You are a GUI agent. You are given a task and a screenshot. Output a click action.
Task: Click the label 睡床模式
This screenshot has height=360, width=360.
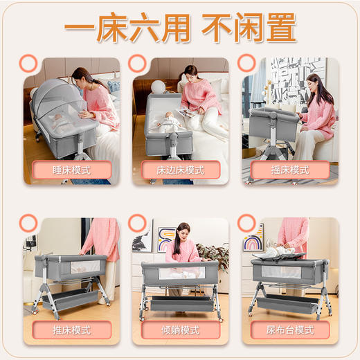[71, 170]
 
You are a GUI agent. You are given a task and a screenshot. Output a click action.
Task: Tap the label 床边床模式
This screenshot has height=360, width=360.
[181, 170]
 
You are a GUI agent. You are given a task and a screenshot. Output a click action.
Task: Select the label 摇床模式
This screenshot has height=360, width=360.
[290, 170]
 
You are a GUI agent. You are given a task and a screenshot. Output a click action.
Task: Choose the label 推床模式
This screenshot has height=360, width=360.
[71, 330]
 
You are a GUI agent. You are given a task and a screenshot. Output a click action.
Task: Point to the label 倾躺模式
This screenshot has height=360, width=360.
[181, 330]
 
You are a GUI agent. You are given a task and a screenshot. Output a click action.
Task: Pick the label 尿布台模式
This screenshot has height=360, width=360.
[290, 330]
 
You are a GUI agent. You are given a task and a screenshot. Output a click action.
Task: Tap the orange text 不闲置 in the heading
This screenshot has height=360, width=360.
[249, 29]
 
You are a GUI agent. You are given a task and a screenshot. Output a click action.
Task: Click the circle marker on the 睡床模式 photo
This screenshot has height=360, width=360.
[28, 64]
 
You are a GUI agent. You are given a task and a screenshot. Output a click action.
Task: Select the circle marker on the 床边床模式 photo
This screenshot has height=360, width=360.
[137, 64]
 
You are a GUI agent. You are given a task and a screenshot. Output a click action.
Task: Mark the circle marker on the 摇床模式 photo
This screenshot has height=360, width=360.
[246, 64]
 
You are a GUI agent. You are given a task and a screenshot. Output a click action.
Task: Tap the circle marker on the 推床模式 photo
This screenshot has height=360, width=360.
[28, 223]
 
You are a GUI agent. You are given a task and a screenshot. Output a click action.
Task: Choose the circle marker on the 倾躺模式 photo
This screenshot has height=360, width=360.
[137, 223]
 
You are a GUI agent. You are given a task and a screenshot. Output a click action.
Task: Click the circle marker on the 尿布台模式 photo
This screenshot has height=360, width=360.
[246, 223]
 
